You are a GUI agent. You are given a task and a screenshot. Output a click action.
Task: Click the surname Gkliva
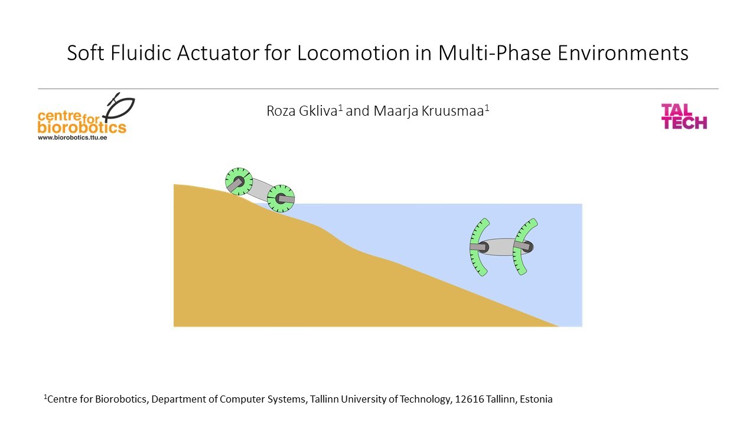pos(318,111)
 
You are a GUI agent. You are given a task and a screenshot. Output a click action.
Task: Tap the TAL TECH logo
pos(683,116)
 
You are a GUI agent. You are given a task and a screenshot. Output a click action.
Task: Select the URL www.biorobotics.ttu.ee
pos(73,136)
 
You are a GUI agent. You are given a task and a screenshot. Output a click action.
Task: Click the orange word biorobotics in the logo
pos(82,127)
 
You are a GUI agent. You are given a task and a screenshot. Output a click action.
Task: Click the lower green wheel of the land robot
pos(281,198)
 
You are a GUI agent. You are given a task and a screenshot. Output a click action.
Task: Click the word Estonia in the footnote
pos(536,400)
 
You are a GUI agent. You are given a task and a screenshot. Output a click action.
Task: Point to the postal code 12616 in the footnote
pos(470,400)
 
